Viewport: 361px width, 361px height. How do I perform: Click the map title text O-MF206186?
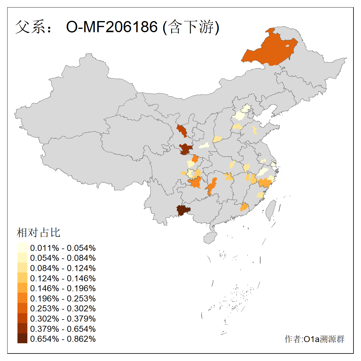(x=112, y=27)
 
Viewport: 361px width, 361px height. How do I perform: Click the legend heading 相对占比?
(x=39, y=233)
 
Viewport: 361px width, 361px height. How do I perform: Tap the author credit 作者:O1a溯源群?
(x=314, y=339)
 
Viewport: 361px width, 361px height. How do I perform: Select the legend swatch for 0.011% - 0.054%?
(x=22, y=248)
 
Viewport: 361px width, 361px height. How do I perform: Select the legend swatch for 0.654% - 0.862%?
(x=22, y=339)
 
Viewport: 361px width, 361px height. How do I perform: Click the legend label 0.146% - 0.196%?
(x=63, y=288)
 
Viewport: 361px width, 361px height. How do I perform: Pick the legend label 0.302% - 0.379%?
(x=63, y=319)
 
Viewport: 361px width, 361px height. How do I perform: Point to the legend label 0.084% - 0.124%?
(x=63, y=268)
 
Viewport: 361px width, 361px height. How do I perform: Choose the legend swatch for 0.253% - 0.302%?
(x=22, y=308)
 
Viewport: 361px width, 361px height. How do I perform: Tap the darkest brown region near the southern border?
(x=183, y=211)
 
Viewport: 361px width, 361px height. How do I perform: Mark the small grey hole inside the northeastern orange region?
(x=287, y=46)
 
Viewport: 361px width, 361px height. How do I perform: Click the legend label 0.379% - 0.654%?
(x=63, y=329)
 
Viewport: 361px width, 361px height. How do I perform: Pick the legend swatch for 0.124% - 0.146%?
(x=22, y=278)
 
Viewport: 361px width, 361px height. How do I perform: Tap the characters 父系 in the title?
(x=30, y=27)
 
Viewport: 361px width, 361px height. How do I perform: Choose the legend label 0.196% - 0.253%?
(x=63, y=298)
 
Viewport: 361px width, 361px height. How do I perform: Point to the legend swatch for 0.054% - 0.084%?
(x=22, y=258)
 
